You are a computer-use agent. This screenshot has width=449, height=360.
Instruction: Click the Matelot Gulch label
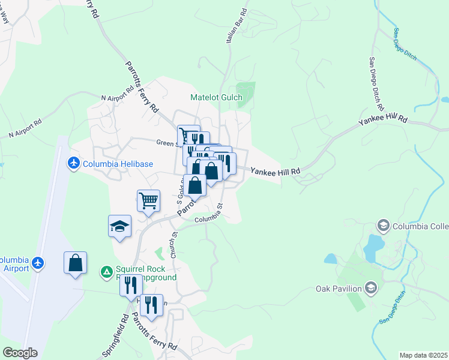pos(216,98)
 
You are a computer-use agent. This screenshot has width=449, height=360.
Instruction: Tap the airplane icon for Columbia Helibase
pos(74,163)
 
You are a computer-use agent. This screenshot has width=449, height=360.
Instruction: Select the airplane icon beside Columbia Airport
pos(38,263)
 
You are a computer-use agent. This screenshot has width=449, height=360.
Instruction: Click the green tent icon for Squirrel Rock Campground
pos(106,272)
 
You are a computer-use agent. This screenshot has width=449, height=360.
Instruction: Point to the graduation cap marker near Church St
pos(119,227)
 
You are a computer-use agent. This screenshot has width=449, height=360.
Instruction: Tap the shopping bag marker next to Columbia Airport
pos(75,263)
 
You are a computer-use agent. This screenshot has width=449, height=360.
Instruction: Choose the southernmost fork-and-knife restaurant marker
pos(151,305)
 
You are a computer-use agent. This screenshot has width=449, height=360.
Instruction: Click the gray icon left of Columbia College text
pos(382,226)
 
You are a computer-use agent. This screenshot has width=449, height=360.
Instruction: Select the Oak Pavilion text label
pos(339,289)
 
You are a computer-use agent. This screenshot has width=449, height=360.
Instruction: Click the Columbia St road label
pos(208,214)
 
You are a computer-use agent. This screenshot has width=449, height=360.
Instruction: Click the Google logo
pos(20,353)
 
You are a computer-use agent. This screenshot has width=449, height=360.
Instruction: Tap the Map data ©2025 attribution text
pos(423,355)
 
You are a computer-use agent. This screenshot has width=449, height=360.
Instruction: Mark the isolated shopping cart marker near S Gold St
pos(148,200)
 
